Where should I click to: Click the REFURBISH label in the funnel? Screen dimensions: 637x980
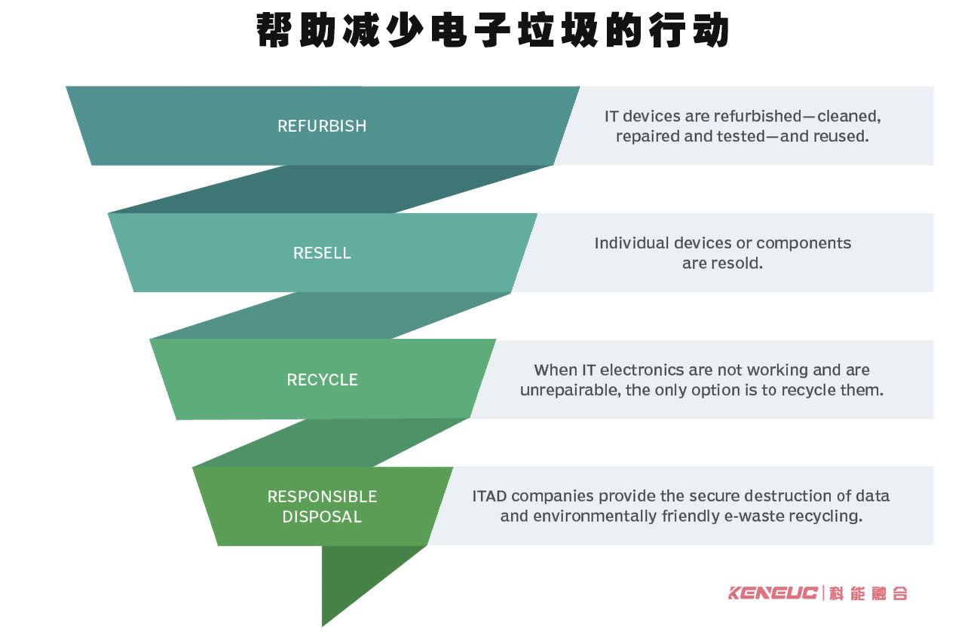click(x=322, y=126)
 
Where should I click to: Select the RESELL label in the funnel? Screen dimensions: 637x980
click(x=322, y=253)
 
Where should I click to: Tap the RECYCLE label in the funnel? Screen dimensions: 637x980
click(x=322, y=379)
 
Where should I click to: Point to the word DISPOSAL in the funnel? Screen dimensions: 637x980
click(x=322, y=517)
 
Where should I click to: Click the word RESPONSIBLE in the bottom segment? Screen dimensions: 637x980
click(x=322, y=497)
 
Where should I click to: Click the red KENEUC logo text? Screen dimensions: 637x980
click(x=773, y=593)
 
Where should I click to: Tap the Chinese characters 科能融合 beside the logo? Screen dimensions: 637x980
click(x=869, y=593)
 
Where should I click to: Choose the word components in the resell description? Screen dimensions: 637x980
click(x=804, y=243)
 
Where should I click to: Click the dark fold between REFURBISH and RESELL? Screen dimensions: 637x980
click(x=332, y=188)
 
